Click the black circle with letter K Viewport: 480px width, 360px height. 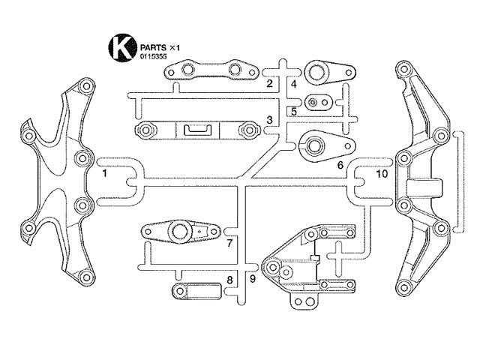coord(122,47)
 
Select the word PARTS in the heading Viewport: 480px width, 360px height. coord(153,48)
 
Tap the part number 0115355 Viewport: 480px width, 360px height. coord(153,56)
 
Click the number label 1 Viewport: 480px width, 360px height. coord(105,173)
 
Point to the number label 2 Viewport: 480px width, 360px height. coord(269,83)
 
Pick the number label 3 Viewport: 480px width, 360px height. coord(269,120)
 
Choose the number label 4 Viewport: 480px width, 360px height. coord(294,84)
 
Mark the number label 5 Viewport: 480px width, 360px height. coord(294,112)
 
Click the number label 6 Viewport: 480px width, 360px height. coord(340,165)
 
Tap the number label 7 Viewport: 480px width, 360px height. coord(230,243)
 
